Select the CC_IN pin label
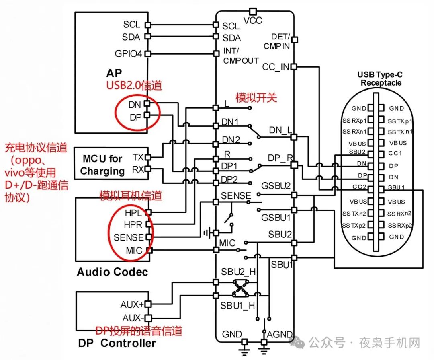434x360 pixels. pos(276,67)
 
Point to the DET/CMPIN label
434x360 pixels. pos(277,41)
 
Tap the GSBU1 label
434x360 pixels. pos(275,218)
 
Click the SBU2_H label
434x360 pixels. pos(238,272)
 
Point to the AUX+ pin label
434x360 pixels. pos(132,304)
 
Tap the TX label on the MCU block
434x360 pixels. pos(138,157)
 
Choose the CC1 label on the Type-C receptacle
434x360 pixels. pos(395,154)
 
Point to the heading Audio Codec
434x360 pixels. pos(113,272)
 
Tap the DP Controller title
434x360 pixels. pos(117,343)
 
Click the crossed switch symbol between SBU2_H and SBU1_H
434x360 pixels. pos(240,288)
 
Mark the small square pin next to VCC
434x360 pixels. pos(252,11)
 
